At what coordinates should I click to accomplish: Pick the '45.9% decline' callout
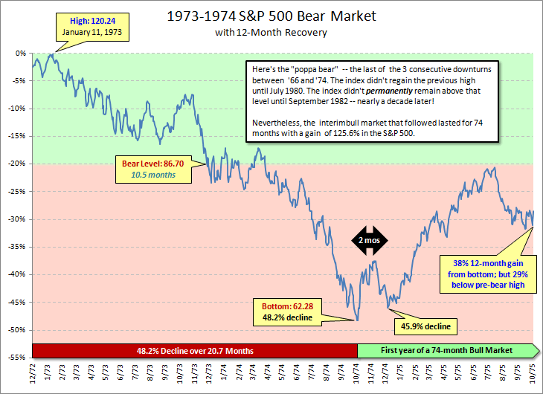click(x=425, y=326)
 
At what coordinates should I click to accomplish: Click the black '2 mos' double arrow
click(x=369, y=242)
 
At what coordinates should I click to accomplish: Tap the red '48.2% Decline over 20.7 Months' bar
click(x=196, y=350)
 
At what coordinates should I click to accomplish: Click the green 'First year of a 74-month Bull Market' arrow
click(x=447, y=350)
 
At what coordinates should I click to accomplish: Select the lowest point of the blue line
click(x=359, y=320)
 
